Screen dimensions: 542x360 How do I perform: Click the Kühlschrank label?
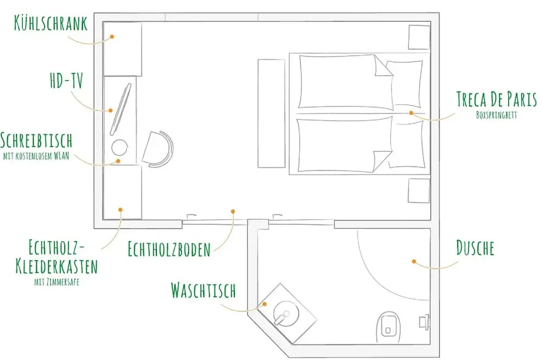pyautogui.click(x=50, y=23)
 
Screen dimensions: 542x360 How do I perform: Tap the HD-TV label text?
pyautogui.click(x=67, y=81)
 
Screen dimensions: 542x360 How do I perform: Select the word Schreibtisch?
pyautogui.click(x=36, y=140)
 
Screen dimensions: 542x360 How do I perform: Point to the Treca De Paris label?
pyautogui.click(x=496, y=99)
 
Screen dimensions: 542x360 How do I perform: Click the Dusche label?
pyautogui.click(x=475, y=248)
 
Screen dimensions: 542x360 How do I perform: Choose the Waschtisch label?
pyautogui.click(x=203, y=291)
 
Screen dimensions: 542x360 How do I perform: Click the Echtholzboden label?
pyautogui.click(x=169, y=249)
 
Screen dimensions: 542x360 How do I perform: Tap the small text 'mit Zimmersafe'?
pyautogui.click(x=57, y=282)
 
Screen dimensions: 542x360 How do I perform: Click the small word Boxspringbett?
pyautogui.click(x=496, y=115)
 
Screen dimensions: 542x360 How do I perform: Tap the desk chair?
pyautogui.click(x=158, y=149)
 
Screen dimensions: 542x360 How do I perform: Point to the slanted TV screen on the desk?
pyautogui.click(x=121, y=109)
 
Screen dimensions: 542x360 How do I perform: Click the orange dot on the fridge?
pyautogui.click(x=112, y=36)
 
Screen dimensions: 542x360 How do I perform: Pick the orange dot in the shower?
pyautogui.click(x=414, y=261)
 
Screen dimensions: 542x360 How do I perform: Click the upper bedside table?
pyautogui.click(x=419, y=37)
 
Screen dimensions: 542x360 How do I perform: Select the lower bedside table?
pyautogui.click(x=419, y=190)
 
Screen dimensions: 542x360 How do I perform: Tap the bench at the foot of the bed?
pyautogui.click(x=272, y=113)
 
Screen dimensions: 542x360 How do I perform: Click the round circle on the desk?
pyautogui.click(x=120, y=147)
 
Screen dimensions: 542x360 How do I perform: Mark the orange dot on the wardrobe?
pyautogui.click(x=120, y=210)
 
